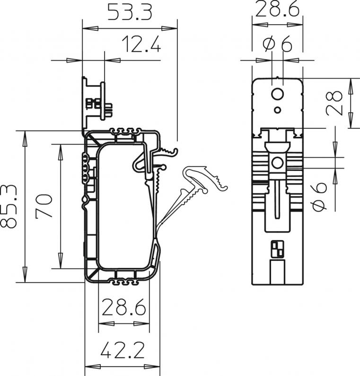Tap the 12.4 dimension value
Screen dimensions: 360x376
pyautogui.click(x=141, y=44)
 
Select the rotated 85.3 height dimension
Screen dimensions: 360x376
pyautogui.click(x=9, y=206)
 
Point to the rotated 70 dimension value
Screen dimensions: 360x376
pyautogui.click(x=44, y=206)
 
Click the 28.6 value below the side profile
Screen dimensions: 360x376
pyautogui.click(x=124, y=307)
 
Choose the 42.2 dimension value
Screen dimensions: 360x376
pyautogui.click(x=123, y=350)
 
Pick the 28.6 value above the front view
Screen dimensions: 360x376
pyautogui.click(x=277, y=9)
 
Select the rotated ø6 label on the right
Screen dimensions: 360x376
pyautogui.click(x=319, y=197)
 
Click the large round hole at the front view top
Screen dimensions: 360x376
pyautogui.click(x=278, y=95)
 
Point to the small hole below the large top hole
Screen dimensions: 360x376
pyautogui.click(x=278, y=110)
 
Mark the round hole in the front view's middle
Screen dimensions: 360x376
pyautogui.click(x=277, y=163)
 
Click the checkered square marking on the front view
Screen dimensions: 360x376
pyautogui.click(x=277, y=249)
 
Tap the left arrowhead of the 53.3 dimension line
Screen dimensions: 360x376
pyautogui.click(x=90, y=28)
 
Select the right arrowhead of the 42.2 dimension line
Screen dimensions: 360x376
pyautogui.click(x=152, y=367)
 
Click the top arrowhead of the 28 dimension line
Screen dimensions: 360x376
pyautogui.click(x=351, y=86)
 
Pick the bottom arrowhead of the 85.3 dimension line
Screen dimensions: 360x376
pyautogui.click(x=25, y=274)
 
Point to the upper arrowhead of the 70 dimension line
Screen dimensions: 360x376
pyautogui.click(x=61, y=152)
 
